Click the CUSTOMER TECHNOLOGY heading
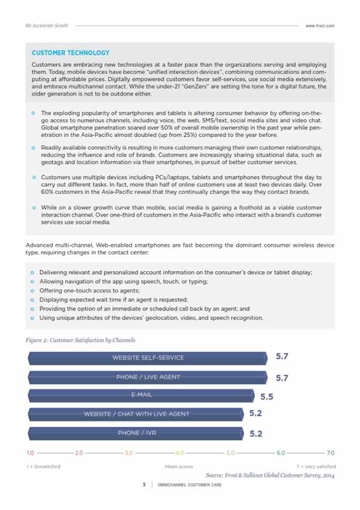point(71,53)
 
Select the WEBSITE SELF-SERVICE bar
point(148,358)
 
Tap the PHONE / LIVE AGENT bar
point(148,377)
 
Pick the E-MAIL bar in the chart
point(141,396)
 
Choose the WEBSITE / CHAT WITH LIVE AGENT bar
point(136,414)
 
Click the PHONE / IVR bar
point(136,433)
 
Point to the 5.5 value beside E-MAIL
point(267,397)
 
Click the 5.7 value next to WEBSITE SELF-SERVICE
point(282,357)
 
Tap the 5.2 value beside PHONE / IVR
point(256,433)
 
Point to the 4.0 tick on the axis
point(180,453)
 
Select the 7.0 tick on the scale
point(330,453)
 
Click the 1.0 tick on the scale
point(30,453)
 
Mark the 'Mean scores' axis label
point(179,467)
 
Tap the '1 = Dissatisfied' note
point(43,467)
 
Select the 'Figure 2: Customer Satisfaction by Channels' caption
point(80,340)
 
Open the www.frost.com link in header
point(320,25)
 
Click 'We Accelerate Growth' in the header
point(47,25)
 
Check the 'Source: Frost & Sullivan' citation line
point(270,476)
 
